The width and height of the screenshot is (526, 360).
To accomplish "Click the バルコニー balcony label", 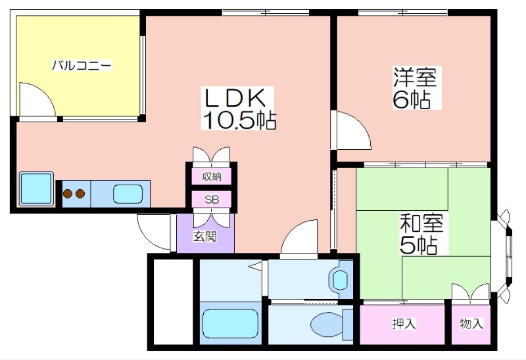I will [82, 66].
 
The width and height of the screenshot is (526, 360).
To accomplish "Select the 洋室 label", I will [415, 78].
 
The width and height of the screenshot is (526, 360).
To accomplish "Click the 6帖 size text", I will [412, 100].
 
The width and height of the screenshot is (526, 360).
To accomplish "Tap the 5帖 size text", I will [419, 246].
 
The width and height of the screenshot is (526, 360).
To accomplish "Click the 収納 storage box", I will [211, 176].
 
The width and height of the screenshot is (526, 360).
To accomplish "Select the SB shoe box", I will [211, 200].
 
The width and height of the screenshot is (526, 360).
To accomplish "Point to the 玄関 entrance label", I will [204, 237].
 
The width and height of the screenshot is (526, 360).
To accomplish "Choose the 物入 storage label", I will [471, 323].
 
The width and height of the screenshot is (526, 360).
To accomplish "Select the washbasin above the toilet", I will [341, 279].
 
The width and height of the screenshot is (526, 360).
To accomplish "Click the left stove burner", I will [68, 194].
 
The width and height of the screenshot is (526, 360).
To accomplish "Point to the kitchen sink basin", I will [127, 194].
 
